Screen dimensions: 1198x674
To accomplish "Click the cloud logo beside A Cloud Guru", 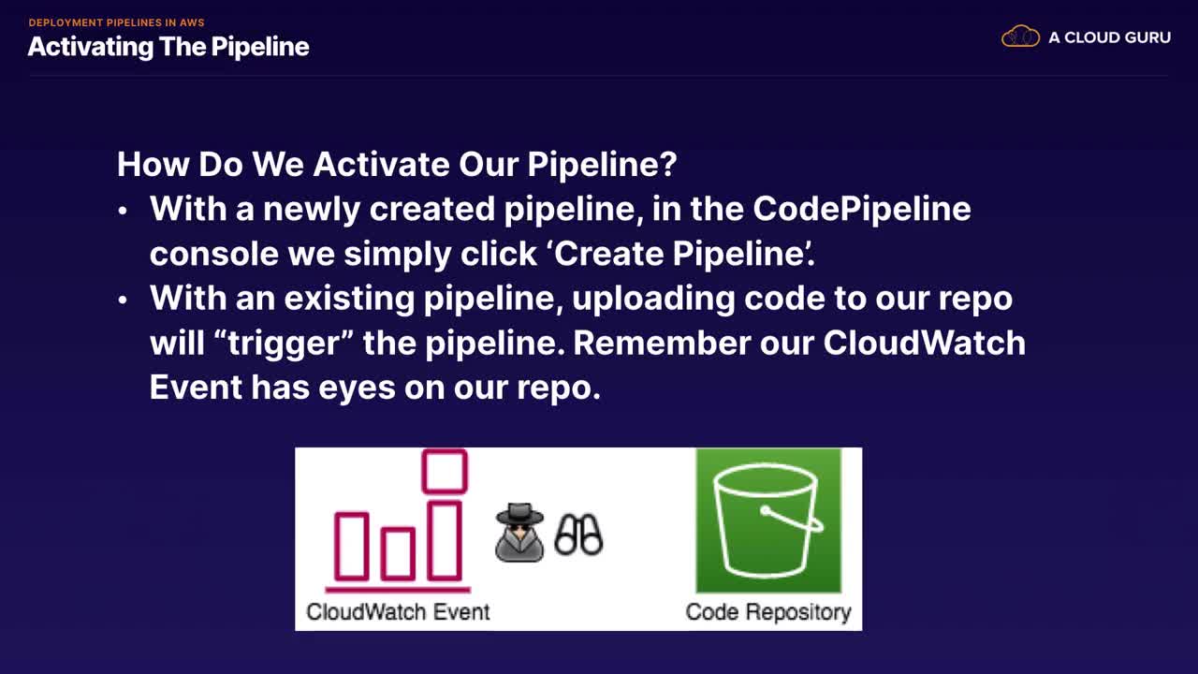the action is pyautogui.click(x=1020, y=37).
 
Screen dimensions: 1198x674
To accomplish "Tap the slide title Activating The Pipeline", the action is pyautogui.click(x=168, y=47).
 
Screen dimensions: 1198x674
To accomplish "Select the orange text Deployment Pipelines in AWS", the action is pyautogui.click(x=117, y=22).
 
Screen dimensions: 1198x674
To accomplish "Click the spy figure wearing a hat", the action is pyautogui.click(x=519, y=533).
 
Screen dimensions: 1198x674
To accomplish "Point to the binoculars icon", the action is pyautogui.click(x=578, y=535).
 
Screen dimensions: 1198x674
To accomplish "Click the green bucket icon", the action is pyautogui.click(x=768, y=520).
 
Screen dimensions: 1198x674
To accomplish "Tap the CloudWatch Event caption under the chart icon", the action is pyautogui.click(x=398, y=611).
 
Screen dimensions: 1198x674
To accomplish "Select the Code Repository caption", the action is pyautogui.click(x=768, y=612).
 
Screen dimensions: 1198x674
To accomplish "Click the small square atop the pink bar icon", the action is pyautogui.click(x=445, y=471).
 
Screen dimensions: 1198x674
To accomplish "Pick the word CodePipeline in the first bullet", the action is pyautogui.click(x=862, y=209).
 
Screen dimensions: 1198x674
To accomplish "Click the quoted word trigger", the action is pyautogui.click(x=283, y=344).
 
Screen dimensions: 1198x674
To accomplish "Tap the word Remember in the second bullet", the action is pyautogui.click(x=662, y=343).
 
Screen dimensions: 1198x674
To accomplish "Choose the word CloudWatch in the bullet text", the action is pyautogui.click(x=925, y=343).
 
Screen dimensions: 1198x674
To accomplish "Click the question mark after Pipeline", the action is pyautogui.click(x=668, y=164).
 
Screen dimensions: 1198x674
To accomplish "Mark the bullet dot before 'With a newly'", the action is pyautogui.click(x=123, y=211).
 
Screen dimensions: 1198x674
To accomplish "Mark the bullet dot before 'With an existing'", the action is pyautogui.click(x=123, y=300).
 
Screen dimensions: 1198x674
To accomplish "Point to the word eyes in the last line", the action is pyautogui.click(x=357, y=388).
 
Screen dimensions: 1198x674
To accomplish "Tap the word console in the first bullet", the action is pyautogui.click(x=214, y=254).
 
